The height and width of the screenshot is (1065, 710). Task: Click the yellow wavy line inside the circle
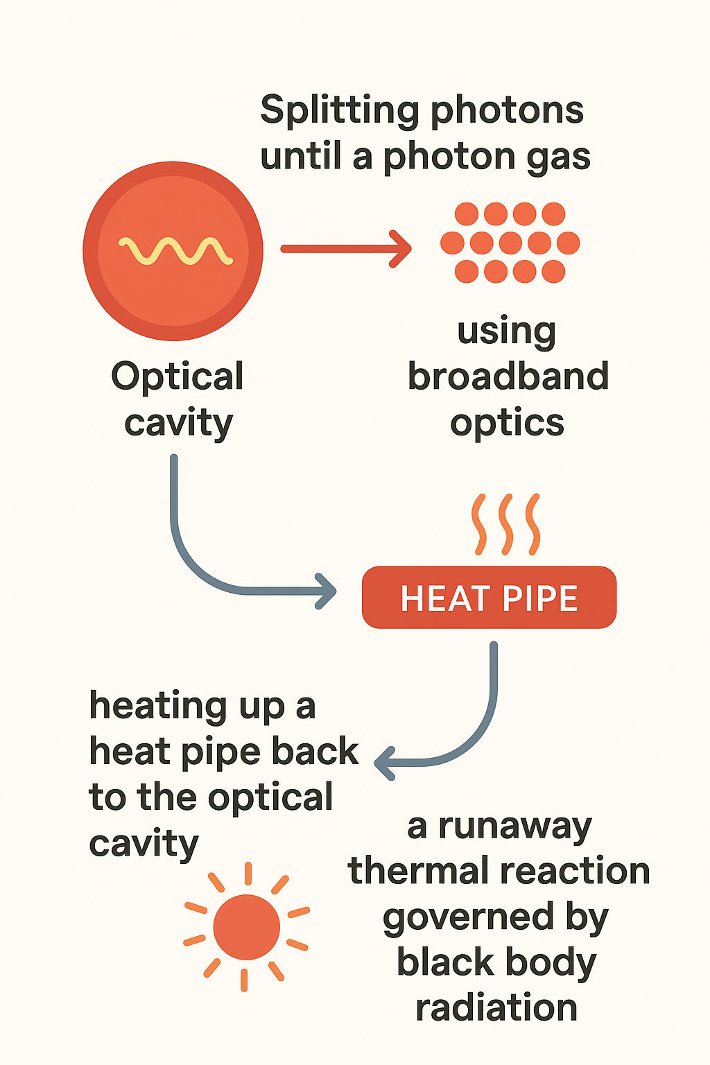coord(175,251)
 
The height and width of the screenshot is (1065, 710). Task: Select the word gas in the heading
coord(558,157)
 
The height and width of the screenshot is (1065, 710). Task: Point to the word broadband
coord(508,376)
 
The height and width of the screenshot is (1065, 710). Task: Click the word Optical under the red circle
coord(177,378)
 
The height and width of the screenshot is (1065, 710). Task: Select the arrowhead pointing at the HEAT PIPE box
coord(327,591)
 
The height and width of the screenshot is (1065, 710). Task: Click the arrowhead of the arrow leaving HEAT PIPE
coord(385,763)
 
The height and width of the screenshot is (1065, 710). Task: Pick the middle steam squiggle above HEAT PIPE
coord(506,524)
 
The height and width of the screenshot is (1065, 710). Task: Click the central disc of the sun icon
coord(246,926)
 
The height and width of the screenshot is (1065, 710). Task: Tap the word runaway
coord(514,826)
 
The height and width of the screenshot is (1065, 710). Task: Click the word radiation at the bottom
coord(496,1007)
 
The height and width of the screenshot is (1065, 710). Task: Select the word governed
coord(468,918)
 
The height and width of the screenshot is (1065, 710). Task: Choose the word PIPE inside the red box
coord(539,598)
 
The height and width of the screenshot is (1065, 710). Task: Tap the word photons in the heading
coord(506,111)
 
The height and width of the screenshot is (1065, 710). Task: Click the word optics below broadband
coord(507,424)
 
